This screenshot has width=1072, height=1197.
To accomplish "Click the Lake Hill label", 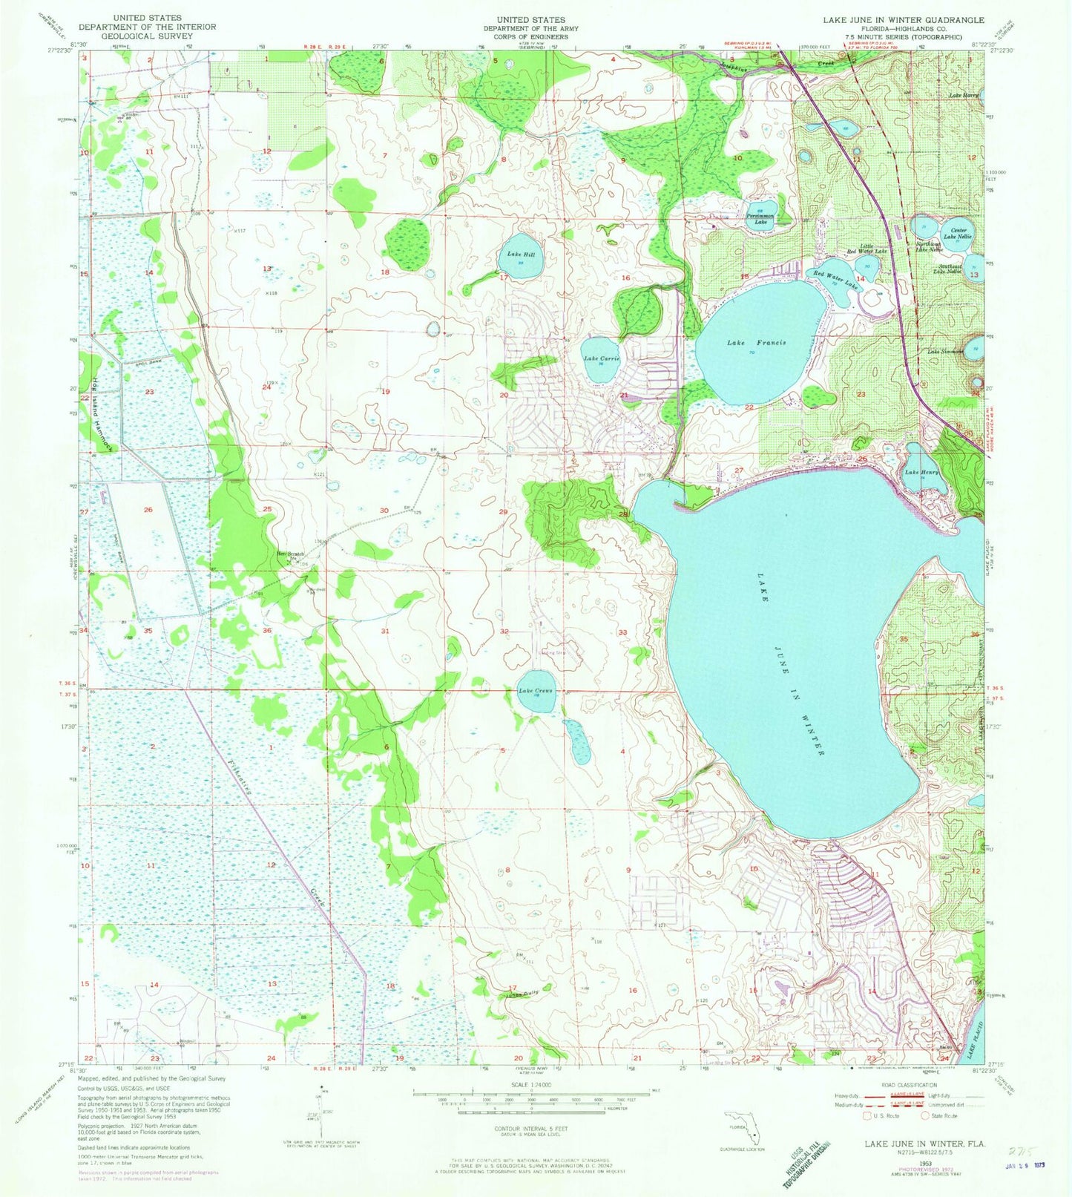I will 516,255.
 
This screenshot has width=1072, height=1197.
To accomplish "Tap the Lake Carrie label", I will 601,358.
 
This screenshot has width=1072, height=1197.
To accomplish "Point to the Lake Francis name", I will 756,343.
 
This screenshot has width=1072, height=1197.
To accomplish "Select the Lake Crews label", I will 535,691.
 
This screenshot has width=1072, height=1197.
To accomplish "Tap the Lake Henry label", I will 921,472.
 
